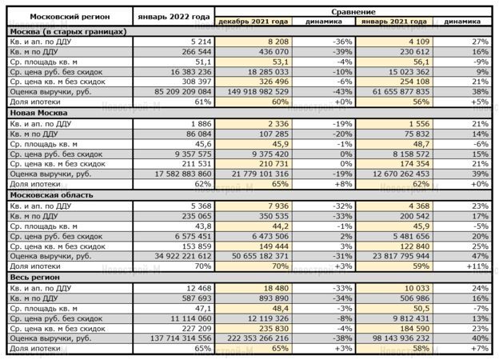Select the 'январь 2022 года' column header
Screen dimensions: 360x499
click(174, 17)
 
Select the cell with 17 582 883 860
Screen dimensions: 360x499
click(179, 173)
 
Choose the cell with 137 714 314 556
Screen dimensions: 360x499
click(176, 337)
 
